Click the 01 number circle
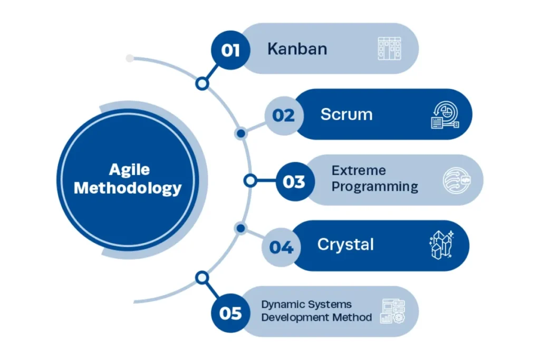click(x=230, y=50)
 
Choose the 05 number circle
click(x=230, y=314)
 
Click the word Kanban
click(x=297, y=49)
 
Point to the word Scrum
click(x=346, y=114)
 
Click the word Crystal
click(x=345, y=245)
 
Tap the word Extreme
click(x=359, y=171)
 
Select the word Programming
click(x=375, y=187)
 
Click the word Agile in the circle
click(x=129, y=170)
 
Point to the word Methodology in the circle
click(x=128, y=188)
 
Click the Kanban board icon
click(x=390, y=48)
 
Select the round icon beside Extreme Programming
click(x=456, y=181)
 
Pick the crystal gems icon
click(x=441, y=245)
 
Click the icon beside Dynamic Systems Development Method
click(x=392, y=311)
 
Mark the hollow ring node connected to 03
click(x=250, y=181)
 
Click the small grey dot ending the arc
click(x=130, y=59)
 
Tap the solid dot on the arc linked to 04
click(x=240, y=228)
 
